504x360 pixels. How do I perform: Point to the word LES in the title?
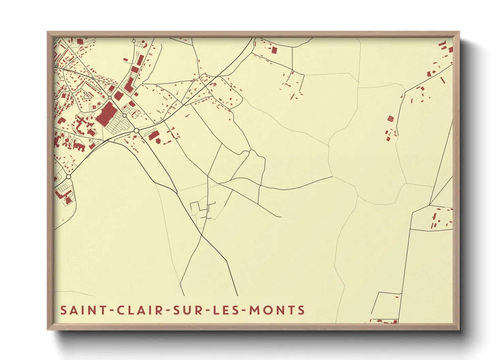click(x=227, y=310)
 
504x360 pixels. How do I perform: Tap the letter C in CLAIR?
click(x=121, y=310)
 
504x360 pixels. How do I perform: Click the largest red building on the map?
click(x=106, y=113)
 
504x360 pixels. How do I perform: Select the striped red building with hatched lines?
click(x=391, y=118)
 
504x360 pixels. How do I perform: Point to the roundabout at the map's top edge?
click(x=134, y=41)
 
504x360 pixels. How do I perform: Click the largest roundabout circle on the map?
click(x=137, y=131)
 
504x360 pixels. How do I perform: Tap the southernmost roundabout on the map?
click(x=68, y=177)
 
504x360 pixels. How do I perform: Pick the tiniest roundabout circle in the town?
click(x=93, y=79)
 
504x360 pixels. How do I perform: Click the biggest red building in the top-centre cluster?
click(x=274, y=50)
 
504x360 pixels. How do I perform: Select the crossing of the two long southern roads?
click(x=202, y=234)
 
